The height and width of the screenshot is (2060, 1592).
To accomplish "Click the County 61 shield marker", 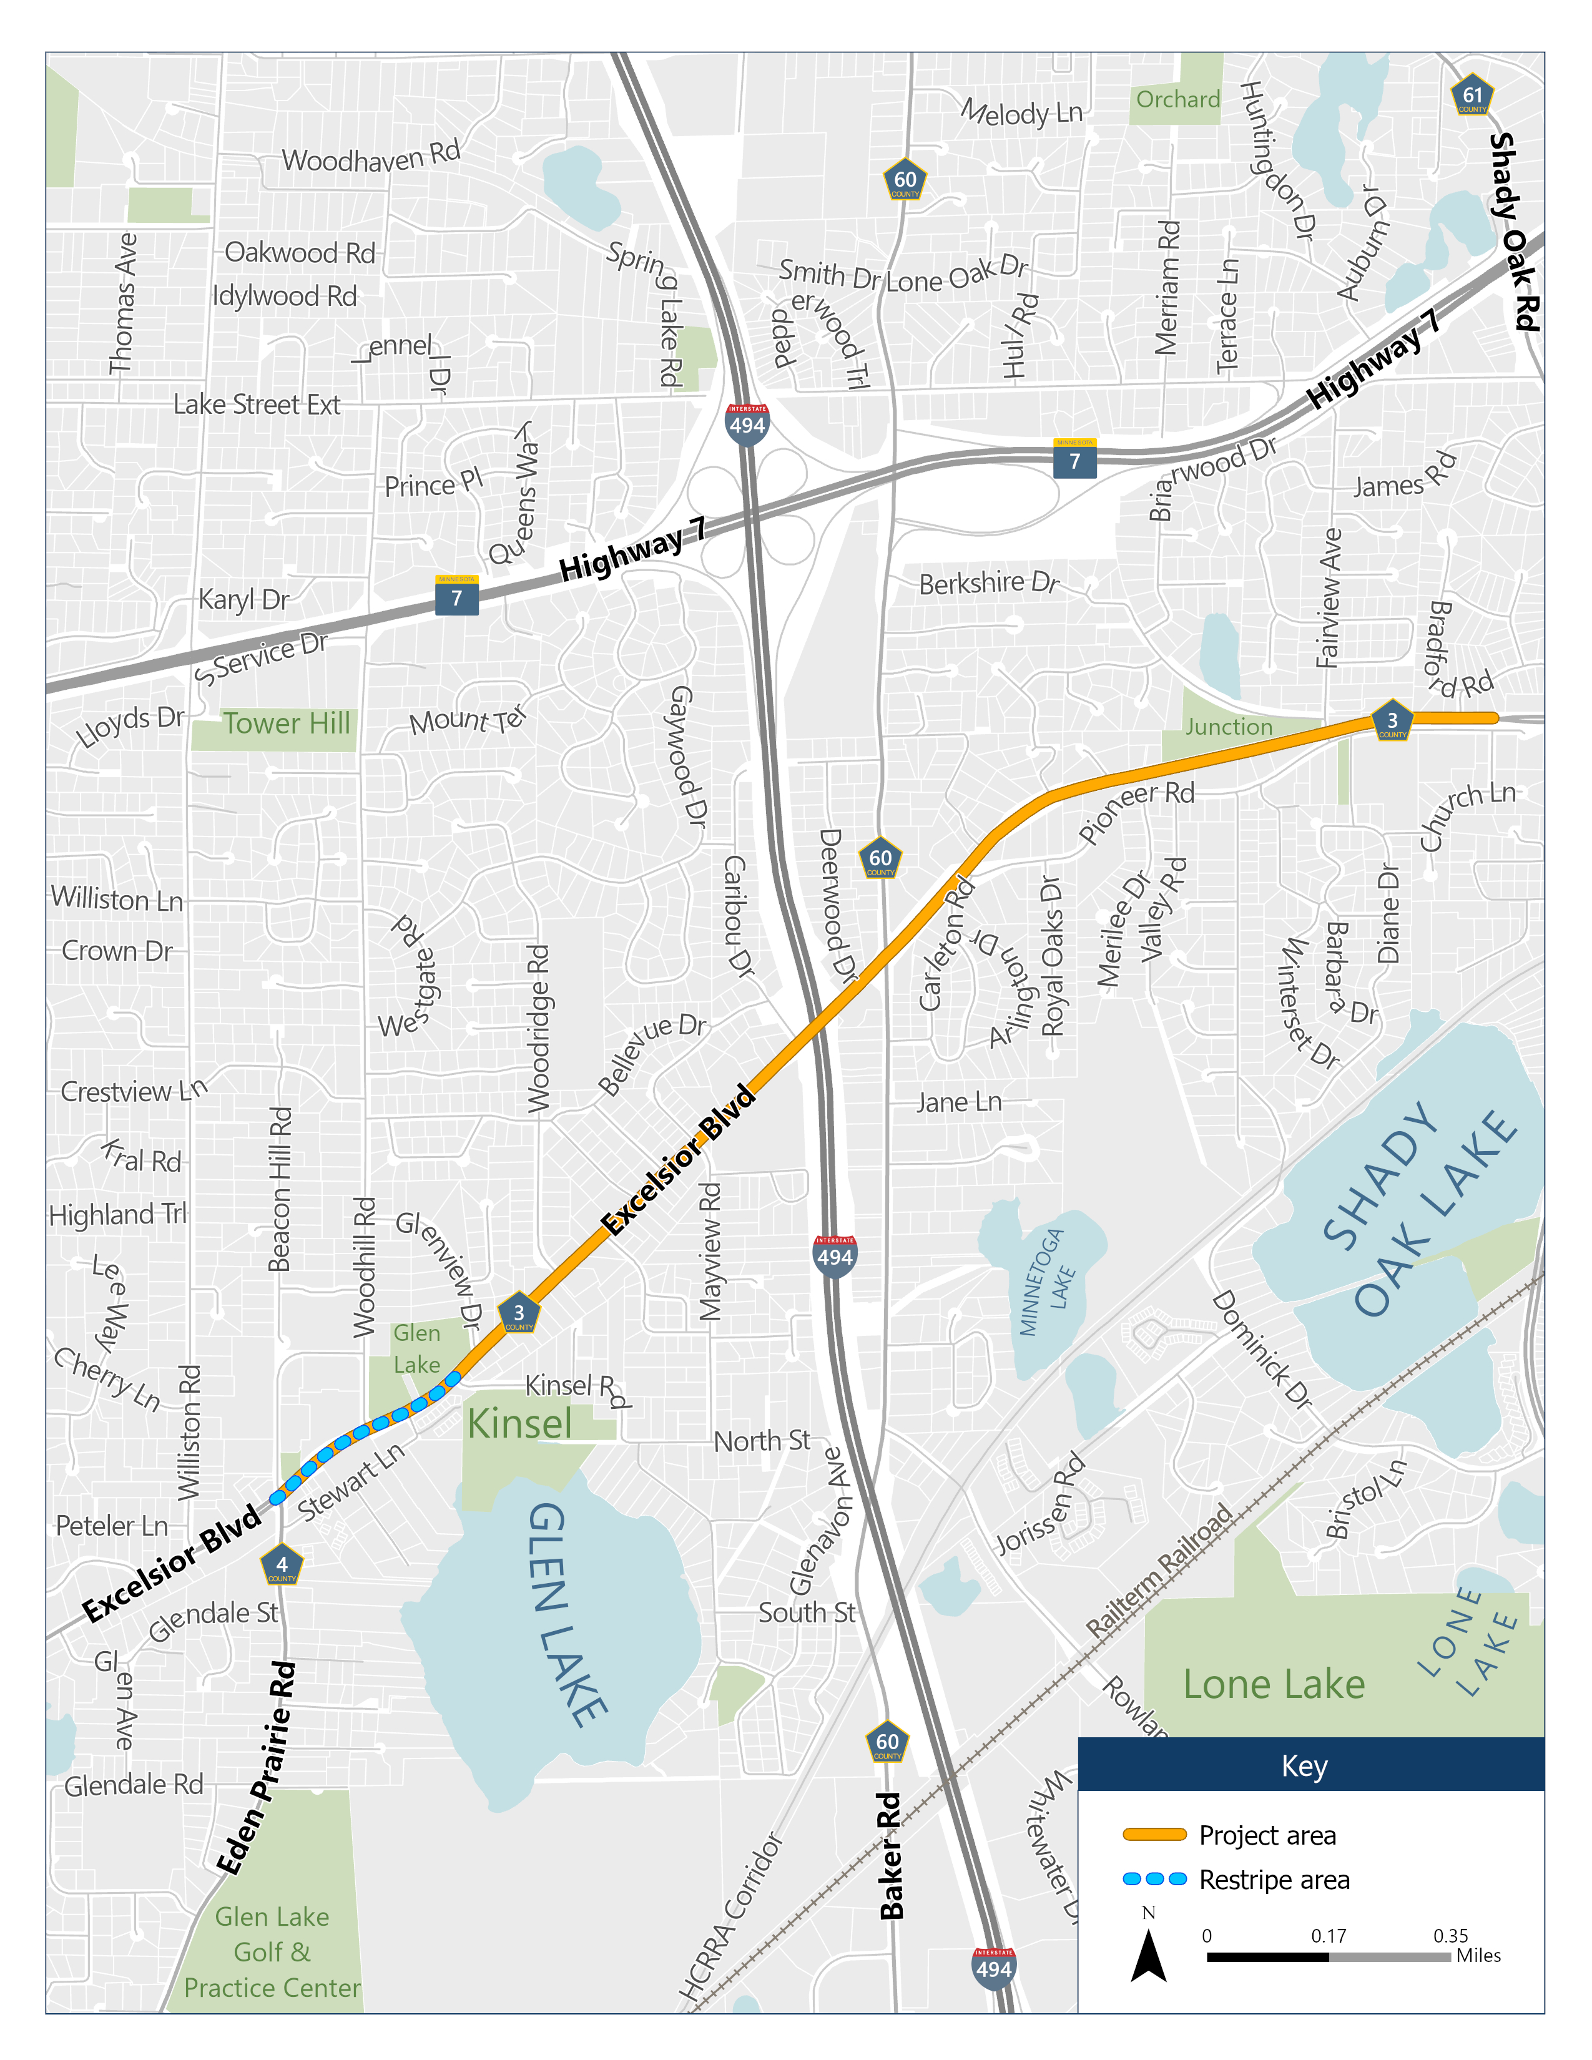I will (1472, 96).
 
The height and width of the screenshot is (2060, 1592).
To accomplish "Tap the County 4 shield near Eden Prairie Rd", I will (281, 1566).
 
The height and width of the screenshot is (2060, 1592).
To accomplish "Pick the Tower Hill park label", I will (287, 723).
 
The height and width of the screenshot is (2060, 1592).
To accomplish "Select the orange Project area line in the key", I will (1154, 1835).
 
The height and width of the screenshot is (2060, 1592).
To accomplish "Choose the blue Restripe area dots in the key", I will (1154, 1879).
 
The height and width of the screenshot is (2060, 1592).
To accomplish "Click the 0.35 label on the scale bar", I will (1450, 1936).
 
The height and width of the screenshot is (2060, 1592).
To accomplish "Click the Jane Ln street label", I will (959, 1102).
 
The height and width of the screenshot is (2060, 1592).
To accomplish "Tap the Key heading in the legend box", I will (1304, 1766).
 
